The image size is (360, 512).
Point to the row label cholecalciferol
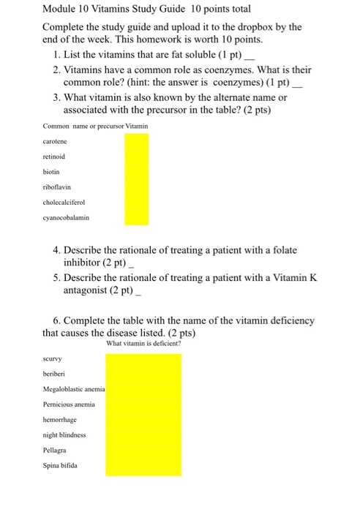tap(64, 202)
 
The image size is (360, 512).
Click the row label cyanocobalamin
tap(67, 217)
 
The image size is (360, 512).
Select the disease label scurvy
tap(53, 358)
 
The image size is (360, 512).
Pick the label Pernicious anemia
tap(69, 404)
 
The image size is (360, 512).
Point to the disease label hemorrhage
tap(59, 419)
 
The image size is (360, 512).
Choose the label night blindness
tap(64, 434)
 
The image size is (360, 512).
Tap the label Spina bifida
tap(60, 464)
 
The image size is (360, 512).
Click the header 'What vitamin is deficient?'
tap(143, 343)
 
